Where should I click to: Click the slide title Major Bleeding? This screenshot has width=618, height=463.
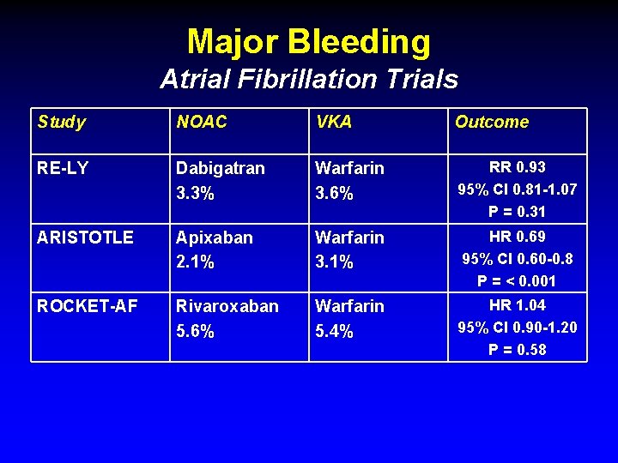coord(309,41)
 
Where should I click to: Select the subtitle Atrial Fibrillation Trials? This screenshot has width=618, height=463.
coord(309,80)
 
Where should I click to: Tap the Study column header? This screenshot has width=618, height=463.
coord(62,123)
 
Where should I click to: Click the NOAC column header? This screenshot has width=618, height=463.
coord(202,123)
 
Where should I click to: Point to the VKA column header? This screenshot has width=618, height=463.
coord(334,123)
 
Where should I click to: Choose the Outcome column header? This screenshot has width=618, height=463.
coord(492,123)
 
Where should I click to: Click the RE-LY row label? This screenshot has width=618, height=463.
coord(63,169)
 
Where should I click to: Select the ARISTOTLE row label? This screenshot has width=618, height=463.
coord(85,238)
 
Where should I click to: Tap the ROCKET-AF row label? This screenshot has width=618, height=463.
coord(87,306)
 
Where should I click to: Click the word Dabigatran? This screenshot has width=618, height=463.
coord(221,169)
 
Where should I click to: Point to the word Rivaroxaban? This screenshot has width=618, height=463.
coord(227,306)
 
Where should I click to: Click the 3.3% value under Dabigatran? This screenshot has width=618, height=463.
coord(195,194)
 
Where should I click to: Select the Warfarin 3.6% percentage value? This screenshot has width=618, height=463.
coord(334,194)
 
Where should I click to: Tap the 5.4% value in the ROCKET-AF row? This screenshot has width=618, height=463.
coord(334,331)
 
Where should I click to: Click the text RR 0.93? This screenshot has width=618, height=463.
coord(518,167)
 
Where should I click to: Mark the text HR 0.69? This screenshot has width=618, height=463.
coord(518,236)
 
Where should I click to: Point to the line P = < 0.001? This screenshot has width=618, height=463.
coord(518,280)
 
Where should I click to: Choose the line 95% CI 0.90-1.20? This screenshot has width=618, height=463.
coord(518,327)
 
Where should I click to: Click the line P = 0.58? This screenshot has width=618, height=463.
coord(518,349)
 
